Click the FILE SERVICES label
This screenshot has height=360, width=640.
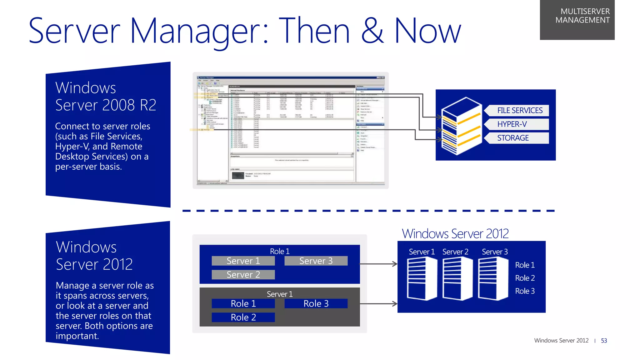[519, 110]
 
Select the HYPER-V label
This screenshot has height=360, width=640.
[512, 124]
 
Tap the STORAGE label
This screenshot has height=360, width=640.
[513, 138]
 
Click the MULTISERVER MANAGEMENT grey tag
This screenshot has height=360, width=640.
[577, 19]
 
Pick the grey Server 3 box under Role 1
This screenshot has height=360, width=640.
[316, 261]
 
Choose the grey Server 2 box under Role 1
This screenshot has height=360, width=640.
[243, 275]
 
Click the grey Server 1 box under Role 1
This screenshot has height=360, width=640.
[243, 261]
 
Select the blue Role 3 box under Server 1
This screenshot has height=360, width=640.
[316, 303]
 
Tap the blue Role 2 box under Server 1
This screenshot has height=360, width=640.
[243, 317]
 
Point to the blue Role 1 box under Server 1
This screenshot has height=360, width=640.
[243, 303]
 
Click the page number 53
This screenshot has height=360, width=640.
[604, 341]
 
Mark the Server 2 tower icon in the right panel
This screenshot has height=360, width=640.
[457, 278]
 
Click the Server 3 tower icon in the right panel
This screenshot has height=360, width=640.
[493, 278]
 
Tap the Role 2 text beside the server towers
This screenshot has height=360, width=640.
[525, 278]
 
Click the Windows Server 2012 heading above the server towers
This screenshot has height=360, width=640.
[455, 234]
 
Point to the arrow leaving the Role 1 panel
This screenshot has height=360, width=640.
[378, 264]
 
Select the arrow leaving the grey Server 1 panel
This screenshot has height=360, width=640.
[378, 303]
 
